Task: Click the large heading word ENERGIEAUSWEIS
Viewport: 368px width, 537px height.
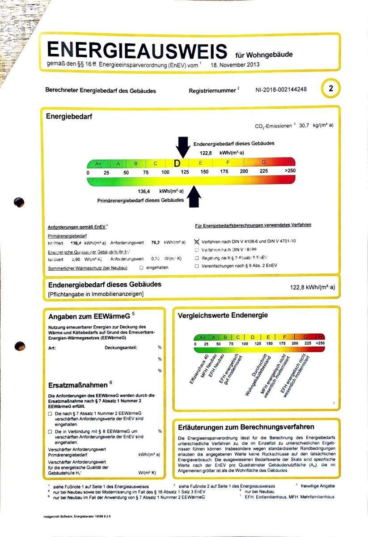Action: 137,50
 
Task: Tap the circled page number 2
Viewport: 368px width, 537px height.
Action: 331,89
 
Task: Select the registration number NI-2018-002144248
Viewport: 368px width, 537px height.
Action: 281,89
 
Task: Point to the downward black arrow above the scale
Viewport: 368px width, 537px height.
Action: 182,147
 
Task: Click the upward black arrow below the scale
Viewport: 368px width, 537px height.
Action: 194,197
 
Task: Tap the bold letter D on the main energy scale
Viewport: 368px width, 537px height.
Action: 177,164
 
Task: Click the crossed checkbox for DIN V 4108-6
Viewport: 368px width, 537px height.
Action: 197,241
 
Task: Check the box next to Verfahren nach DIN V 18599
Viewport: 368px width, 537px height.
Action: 197,250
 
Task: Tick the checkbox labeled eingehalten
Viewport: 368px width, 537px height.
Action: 141,268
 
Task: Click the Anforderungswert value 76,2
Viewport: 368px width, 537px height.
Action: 156,243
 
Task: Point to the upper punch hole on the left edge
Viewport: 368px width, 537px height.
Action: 19,202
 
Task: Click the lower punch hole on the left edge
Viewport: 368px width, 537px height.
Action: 20,346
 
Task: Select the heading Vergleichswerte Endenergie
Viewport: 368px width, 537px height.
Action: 223,315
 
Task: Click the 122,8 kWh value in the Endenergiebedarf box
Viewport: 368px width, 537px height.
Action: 312,287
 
